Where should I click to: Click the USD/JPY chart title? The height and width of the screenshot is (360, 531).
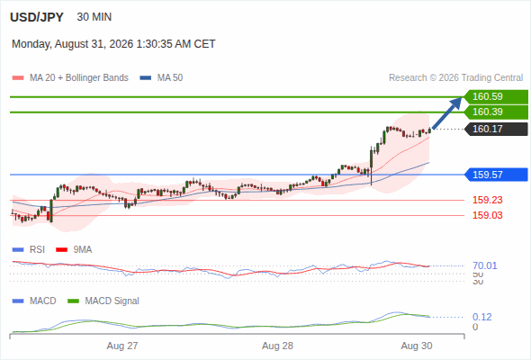37,17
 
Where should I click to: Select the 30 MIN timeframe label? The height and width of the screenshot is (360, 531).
94,17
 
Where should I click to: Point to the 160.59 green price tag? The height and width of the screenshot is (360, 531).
496,96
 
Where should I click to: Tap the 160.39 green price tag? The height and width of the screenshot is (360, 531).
496,112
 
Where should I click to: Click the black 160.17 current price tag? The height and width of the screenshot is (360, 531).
496,129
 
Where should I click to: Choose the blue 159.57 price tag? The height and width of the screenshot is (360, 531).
496,175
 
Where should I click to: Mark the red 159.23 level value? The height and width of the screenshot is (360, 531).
487,200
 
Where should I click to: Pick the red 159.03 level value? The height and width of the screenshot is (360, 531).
487,215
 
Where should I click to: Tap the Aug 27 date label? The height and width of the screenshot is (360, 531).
122,346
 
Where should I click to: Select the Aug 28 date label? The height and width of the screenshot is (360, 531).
277,346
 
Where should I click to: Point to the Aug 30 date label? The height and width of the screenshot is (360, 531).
417,346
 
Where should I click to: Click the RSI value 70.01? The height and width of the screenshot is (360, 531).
484,265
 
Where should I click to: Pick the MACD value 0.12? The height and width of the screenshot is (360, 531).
481,317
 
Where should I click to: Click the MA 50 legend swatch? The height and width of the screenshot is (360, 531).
146,78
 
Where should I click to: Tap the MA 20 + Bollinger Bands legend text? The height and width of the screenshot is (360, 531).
79,78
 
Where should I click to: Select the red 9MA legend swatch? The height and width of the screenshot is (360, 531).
61,250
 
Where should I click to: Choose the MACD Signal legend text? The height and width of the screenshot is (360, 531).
112,301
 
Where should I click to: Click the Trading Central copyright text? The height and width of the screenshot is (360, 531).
455,78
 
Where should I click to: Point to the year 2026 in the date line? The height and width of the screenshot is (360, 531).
121,44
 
